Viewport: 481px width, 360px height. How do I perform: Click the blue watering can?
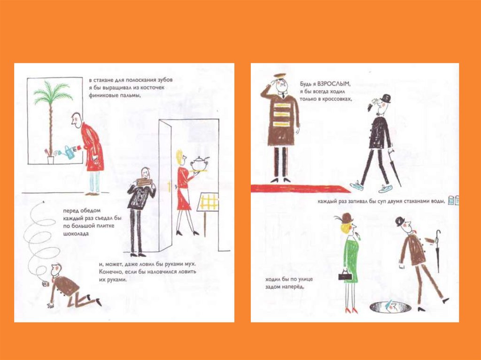[70, 153]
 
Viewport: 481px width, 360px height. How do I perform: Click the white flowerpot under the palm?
[51, 160]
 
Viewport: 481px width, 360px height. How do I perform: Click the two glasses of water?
[454, 200]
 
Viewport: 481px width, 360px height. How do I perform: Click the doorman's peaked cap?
[280, 76]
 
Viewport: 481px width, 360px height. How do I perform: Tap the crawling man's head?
[56, 270]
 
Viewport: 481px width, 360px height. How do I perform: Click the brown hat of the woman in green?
[346, 218]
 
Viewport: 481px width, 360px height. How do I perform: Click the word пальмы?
[127, 95]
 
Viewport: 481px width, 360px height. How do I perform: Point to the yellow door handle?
[169, 186]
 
